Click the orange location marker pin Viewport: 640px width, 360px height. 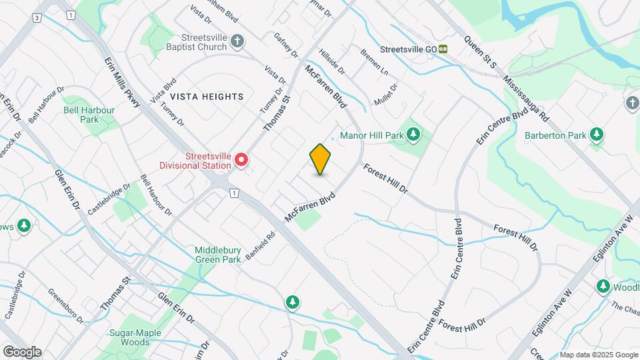[x=321, y=159]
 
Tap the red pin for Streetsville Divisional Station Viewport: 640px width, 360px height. [x=241, y=159]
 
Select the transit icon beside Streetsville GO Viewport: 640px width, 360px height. [x=443, y=49]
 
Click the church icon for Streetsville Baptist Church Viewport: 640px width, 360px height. [x=237, y=43]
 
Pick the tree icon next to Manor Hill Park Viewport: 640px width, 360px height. [x=413, y=135]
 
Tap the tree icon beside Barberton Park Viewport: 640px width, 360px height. [x=597, y=135]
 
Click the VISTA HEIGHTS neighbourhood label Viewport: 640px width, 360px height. [x=206, y=97]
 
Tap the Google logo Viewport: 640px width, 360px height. [x=22, y=351]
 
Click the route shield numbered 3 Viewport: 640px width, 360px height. [x=35, y=17]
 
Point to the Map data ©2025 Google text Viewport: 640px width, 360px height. [x=599, y=355]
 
